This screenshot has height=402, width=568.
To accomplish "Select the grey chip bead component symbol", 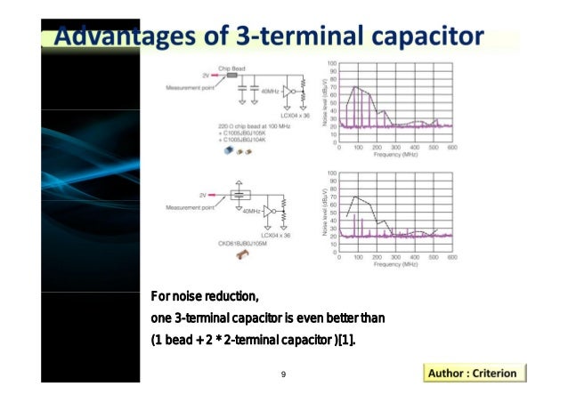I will [232, 76].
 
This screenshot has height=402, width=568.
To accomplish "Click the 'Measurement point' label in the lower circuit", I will [190, 207].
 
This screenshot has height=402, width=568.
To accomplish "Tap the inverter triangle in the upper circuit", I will [288, 90].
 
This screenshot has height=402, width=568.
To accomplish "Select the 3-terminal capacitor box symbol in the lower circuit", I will [239, 194].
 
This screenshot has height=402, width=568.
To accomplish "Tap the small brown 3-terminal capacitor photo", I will [239, 256].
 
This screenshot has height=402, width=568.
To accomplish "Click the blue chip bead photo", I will [230, 151].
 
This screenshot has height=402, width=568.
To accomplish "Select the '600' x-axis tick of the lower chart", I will [451, 257].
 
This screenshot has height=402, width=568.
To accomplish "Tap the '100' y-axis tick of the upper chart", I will [331, 64].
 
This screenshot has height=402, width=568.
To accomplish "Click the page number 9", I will [282, 374].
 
